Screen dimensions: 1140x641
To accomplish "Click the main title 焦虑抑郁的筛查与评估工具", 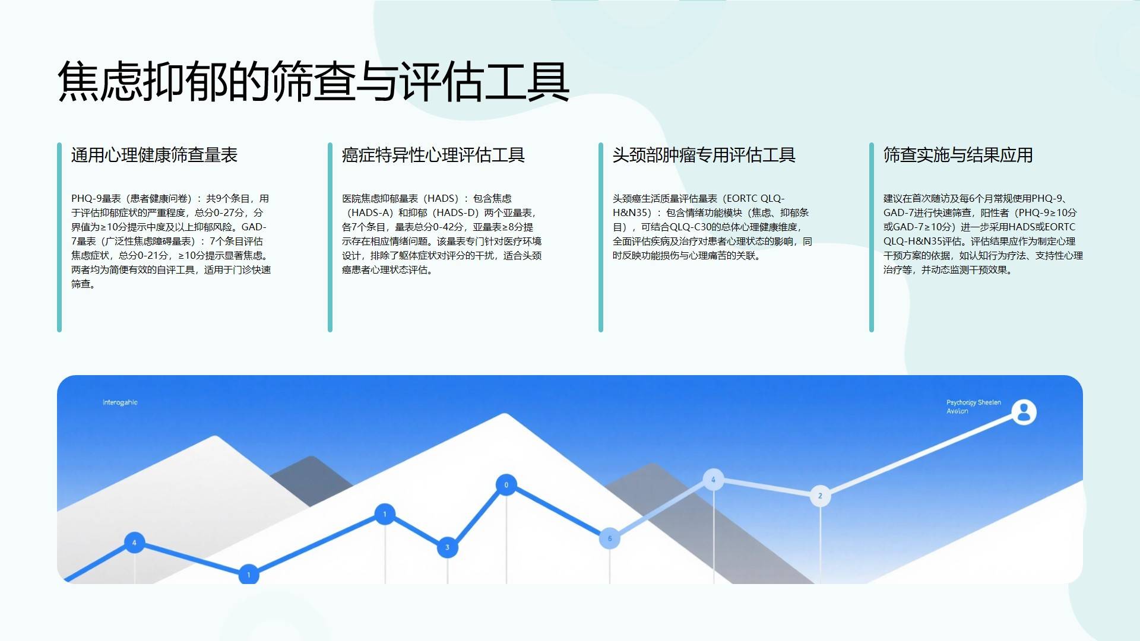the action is coord(313,81).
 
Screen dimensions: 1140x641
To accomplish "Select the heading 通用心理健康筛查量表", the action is coord(154,155).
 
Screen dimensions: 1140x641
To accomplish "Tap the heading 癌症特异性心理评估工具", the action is coord(433,155).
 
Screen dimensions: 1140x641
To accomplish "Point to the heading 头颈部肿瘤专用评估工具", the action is coord(704,155).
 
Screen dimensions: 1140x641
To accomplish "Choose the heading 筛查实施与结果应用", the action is coord(958,155).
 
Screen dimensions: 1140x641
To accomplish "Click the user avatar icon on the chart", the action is coord(1024,412).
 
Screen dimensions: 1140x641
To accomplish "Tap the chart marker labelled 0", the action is coord(506,485).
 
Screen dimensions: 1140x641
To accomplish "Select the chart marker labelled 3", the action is coord(447,547).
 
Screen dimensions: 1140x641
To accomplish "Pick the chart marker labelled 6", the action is coord(609,538).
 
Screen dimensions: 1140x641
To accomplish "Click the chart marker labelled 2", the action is coord(820,496).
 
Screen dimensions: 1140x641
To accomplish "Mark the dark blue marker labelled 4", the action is coord(134,542).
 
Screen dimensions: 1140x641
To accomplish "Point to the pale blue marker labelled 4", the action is coord(713,480).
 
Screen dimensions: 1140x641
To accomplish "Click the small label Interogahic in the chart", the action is coord(120,402).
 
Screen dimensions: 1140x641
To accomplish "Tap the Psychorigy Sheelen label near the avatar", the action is coord(974,402).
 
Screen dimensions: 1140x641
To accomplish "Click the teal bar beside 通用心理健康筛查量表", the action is coord(59,237).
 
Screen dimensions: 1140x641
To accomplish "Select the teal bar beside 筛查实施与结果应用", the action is coord(872,237).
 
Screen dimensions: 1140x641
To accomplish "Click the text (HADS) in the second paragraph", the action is coord(442,198).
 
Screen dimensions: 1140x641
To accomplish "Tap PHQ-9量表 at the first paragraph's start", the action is coord(96,198).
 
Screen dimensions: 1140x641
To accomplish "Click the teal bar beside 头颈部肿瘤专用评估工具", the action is coord(601,237).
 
